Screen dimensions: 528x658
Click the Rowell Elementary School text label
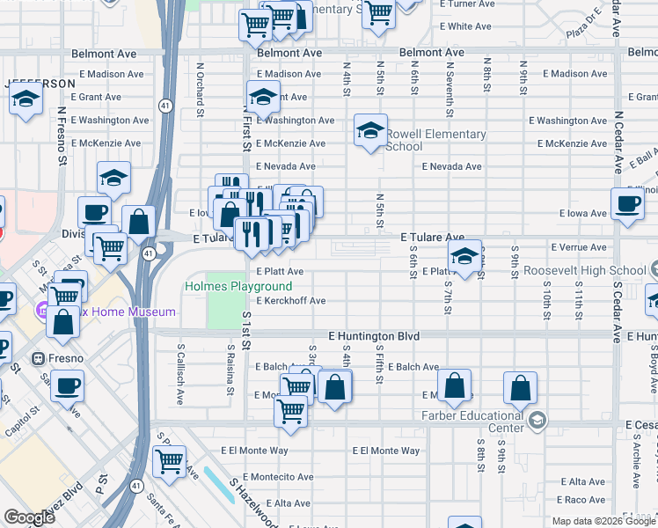pyautogui.click(x=435, y=140)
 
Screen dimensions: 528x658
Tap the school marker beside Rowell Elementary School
pyautogui.click(x=370, y=132)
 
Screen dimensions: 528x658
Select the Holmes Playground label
pyautogui.click(x=238, y=287)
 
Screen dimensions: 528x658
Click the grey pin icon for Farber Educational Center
pyautogui.click(x=537, y=422)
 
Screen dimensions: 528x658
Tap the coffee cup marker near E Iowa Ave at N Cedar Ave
pyautogui.click(x=628, y=203)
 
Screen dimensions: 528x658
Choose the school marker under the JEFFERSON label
pyautogui.click(x=26, y=100)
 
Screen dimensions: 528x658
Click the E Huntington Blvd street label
pyautogui.click(x=374, y=336)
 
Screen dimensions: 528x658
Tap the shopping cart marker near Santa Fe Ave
pyautogui.click(x=169, y=460)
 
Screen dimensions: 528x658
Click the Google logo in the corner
pyautogui.click(x=29, y=517)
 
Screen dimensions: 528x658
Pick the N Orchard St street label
pyautogui.click(x=201, y=89)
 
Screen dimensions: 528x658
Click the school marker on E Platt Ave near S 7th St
pyautogui.click(x=465, y=257)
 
